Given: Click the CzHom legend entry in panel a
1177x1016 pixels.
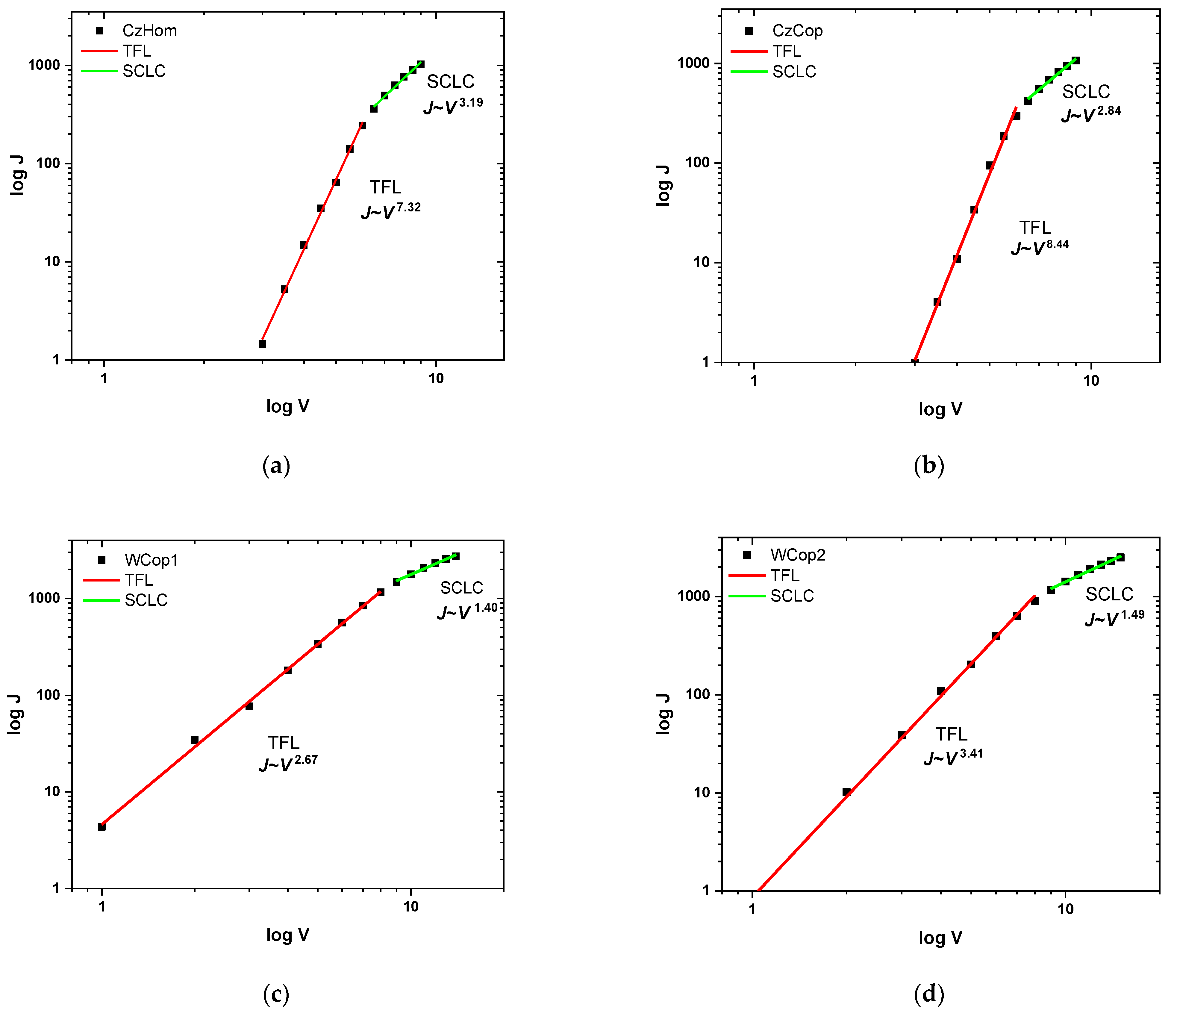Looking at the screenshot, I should [x=149, y=31].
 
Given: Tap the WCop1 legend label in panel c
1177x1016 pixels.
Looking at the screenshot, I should [x=151, y=560].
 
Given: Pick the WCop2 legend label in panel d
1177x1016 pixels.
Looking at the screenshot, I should [x=798, y=555].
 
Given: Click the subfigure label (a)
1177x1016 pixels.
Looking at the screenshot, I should [x=277, y=466].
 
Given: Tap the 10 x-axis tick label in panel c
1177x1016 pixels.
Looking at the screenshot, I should [x=411, y=906].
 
